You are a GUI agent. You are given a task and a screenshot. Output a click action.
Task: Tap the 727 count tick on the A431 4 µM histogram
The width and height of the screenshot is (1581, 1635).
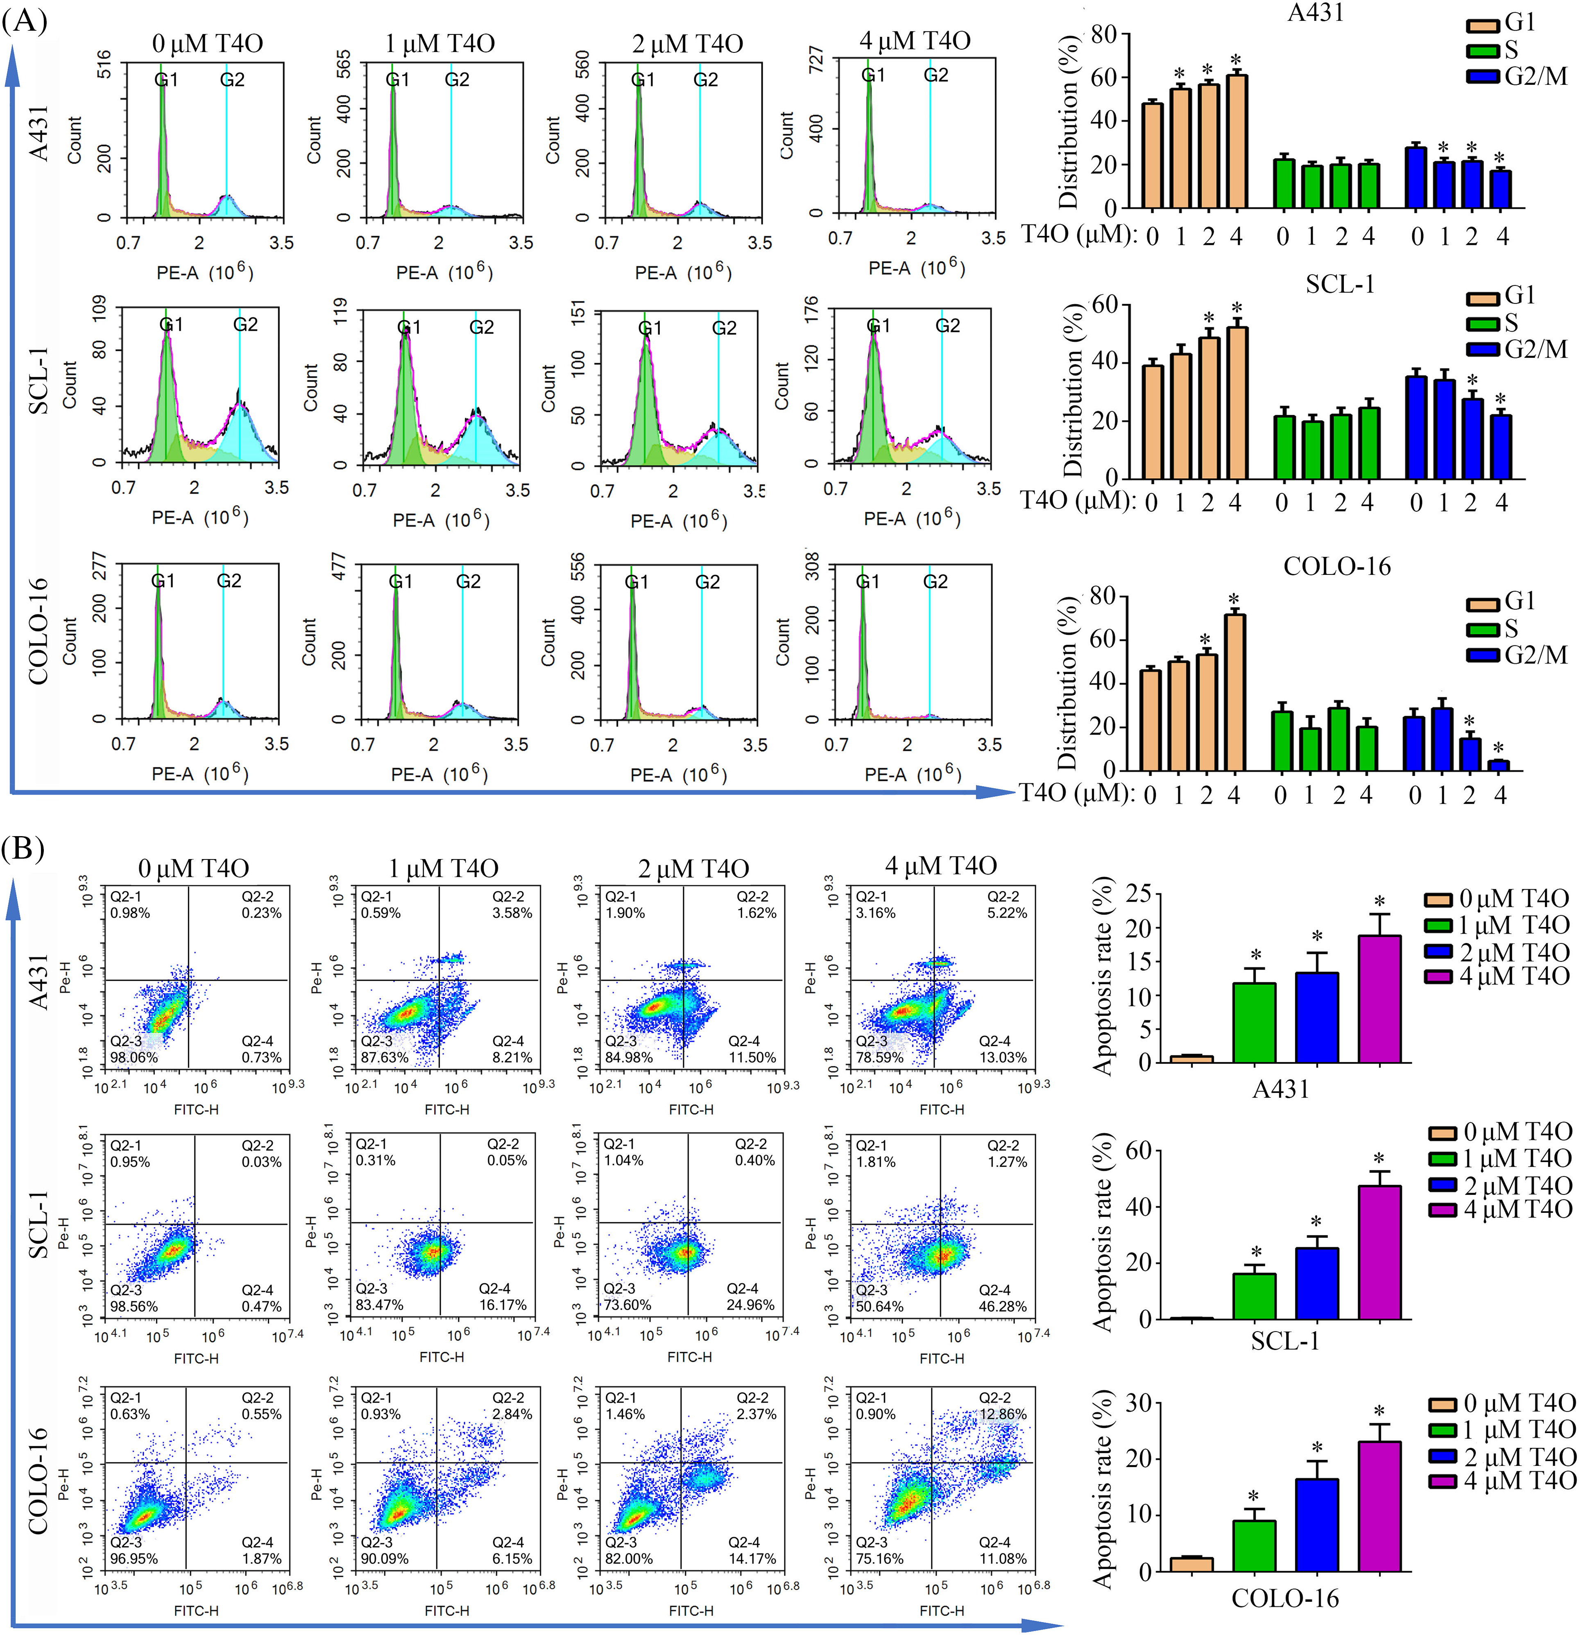(x=816, y=60)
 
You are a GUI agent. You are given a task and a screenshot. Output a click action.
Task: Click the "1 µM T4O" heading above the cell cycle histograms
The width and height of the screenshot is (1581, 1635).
(x=439, y=43)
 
